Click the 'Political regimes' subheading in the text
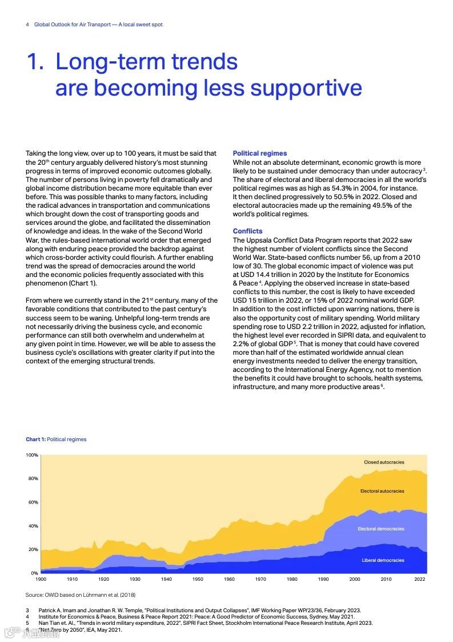260,153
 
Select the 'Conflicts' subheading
247,231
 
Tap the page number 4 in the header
27,25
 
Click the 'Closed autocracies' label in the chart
384,462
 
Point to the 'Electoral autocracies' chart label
382,491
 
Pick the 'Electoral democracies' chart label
381,529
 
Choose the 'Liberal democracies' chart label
383,560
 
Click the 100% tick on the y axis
32,455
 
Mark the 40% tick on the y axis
33,526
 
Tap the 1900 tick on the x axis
41,579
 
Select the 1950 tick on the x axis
198,579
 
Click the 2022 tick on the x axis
420,579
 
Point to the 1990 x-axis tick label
324,579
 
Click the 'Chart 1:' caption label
35,439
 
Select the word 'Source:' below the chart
35,595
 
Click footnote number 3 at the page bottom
27,611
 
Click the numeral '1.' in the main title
35,62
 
